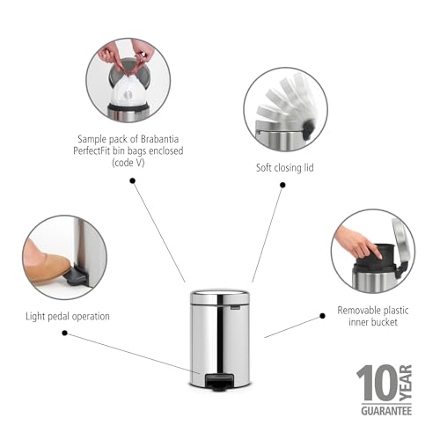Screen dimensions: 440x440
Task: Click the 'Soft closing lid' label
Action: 283,166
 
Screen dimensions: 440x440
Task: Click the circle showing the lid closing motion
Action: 285,110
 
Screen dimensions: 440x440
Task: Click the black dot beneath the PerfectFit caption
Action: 132,180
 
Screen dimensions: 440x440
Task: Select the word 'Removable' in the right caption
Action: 359,310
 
